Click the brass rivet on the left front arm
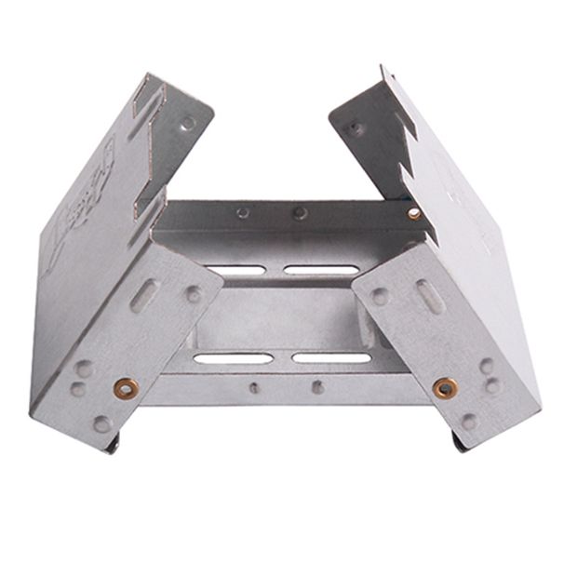click(x=123, y=386)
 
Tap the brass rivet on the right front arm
click(x=446, y=386)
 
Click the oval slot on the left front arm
click(x=143, y=300)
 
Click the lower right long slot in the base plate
click(x=331, y=356)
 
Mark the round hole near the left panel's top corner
click(x=188, y=123)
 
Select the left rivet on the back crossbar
click(x=243, y=212)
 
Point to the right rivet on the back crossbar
click(x=300, y=213)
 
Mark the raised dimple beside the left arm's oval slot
click(x=193, y=294)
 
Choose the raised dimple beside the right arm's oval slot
click(x=381, y=296)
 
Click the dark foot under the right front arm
click(x=460, y=442)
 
